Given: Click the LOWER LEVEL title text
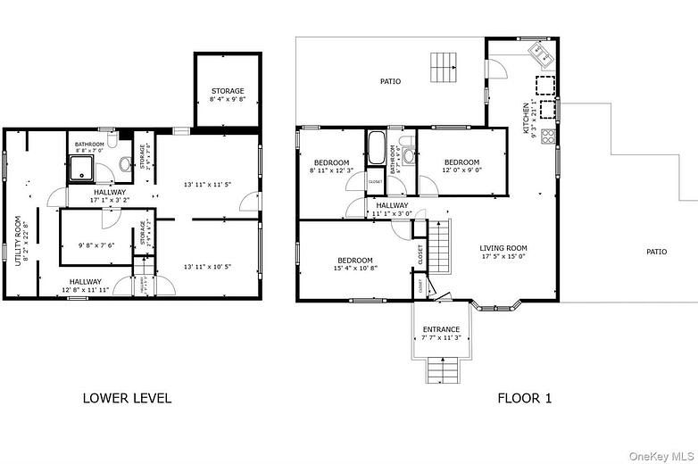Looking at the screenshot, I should click(127, 398).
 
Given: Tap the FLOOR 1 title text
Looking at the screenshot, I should click(524, 398).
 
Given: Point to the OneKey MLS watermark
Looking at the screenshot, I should click(661, 456).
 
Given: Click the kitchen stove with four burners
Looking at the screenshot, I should click(548, 137).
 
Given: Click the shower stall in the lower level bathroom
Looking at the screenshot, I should click(83, 166).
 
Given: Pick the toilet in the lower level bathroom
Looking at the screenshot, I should click(125, 162).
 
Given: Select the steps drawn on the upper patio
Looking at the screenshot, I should click(444, 66).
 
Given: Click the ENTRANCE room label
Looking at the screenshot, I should click(441, 329).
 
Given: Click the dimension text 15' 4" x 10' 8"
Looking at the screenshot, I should click(355, 268).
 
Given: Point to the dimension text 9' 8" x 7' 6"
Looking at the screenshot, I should click(96, 245).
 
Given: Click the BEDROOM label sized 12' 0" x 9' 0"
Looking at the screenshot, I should click(461, 162).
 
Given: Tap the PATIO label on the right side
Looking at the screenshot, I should click(656, 252).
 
